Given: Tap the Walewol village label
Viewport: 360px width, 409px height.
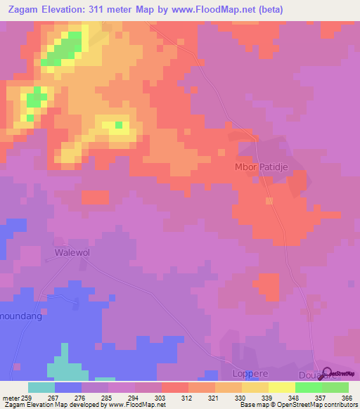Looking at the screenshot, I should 73,251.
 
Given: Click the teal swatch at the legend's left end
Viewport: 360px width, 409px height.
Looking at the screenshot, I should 41,387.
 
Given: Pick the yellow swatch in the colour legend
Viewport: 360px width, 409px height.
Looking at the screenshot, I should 282,387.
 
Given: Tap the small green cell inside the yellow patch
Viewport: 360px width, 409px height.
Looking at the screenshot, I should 119,126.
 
